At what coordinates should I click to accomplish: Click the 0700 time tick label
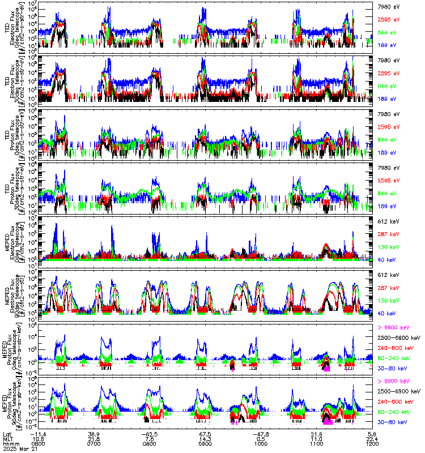95,443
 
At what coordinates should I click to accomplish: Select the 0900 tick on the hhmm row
205,443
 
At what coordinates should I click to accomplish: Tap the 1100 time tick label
316,443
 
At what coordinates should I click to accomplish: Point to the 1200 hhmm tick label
372,443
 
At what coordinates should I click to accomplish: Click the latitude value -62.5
150,433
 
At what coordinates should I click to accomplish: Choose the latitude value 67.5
205,433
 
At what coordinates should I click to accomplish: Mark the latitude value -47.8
261,433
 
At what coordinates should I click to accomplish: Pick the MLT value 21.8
95,438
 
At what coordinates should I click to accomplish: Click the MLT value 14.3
205,438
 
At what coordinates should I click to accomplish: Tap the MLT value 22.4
372,438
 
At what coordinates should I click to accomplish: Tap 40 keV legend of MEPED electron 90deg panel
386,313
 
